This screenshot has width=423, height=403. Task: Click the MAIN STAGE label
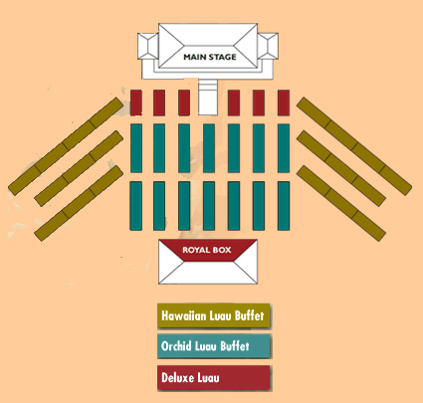210,57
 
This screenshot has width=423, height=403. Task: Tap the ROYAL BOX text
207,250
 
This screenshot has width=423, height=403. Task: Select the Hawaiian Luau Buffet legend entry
214,315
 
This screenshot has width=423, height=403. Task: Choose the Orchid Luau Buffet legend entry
214,346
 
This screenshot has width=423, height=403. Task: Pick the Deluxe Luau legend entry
214,377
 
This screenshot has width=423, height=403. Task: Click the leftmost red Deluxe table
136,102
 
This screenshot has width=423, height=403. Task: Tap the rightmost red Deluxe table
284,102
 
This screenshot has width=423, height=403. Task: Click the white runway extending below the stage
208,98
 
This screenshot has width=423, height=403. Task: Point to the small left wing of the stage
148,46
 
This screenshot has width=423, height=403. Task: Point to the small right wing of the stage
268,46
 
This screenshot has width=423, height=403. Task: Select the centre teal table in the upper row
209,148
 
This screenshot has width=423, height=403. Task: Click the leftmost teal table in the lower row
136,206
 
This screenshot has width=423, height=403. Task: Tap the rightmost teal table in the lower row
284,206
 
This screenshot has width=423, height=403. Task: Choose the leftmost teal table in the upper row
136,148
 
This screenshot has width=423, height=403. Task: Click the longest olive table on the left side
66,146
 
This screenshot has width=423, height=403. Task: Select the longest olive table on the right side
354,146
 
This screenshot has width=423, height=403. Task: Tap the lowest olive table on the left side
79,203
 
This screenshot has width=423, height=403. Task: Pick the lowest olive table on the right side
341,203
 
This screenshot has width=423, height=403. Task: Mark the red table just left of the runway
184,102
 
